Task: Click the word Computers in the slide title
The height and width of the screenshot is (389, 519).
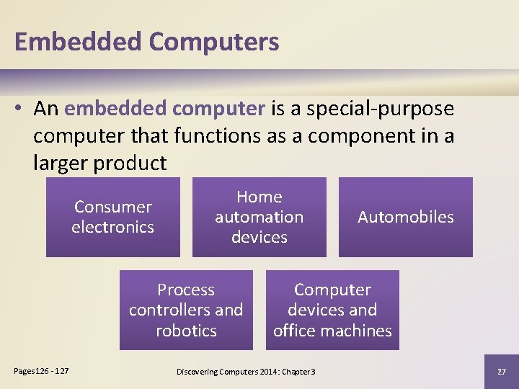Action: (x=214, y=42)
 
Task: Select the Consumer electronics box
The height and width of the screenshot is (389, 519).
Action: (x=113, y=217)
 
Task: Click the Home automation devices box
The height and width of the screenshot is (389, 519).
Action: (x=259, y=217)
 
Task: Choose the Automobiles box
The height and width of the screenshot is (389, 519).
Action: (x=406, y=217)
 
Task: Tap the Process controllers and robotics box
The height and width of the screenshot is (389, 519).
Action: (x=186, y=310)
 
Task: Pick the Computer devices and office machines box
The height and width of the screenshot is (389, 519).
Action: (x=332, y=310)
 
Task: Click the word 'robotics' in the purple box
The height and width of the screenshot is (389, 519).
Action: (x=186, y=331)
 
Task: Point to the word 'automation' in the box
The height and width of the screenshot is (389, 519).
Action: (x=259, y=217)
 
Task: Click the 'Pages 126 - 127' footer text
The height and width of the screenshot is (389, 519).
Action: (x=42, y=370)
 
